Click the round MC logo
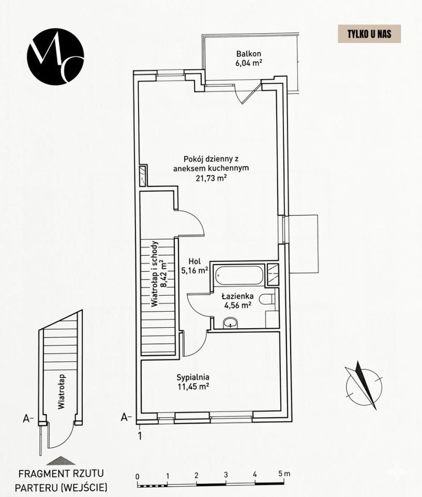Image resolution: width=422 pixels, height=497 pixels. point(55,56)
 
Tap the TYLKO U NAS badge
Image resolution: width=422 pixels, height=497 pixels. point(369,34)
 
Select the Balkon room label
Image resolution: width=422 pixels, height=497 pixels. point(249,53)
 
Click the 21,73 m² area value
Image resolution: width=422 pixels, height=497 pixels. point(211,178)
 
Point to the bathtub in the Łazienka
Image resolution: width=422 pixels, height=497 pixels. point(239,275)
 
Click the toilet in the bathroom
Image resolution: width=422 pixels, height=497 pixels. point(266,299)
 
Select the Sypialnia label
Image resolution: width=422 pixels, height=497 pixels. point(193,377)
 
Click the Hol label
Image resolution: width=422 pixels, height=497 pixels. point(194,261)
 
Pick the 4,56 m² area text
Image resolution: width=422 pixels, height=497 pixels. point(238,305)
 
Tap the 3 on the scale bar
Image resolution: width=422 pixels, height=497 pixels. point(225,475)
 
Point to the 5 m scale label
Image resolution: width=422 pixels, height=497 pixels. point(284,474)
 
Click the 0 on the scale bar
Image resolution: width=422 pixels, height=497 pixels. point(137,476)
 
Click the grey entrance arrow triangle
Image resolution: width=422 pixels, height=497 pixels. point(61,461)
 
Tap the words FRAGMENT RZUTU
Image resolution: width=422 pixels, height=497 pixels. point(61,474)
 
